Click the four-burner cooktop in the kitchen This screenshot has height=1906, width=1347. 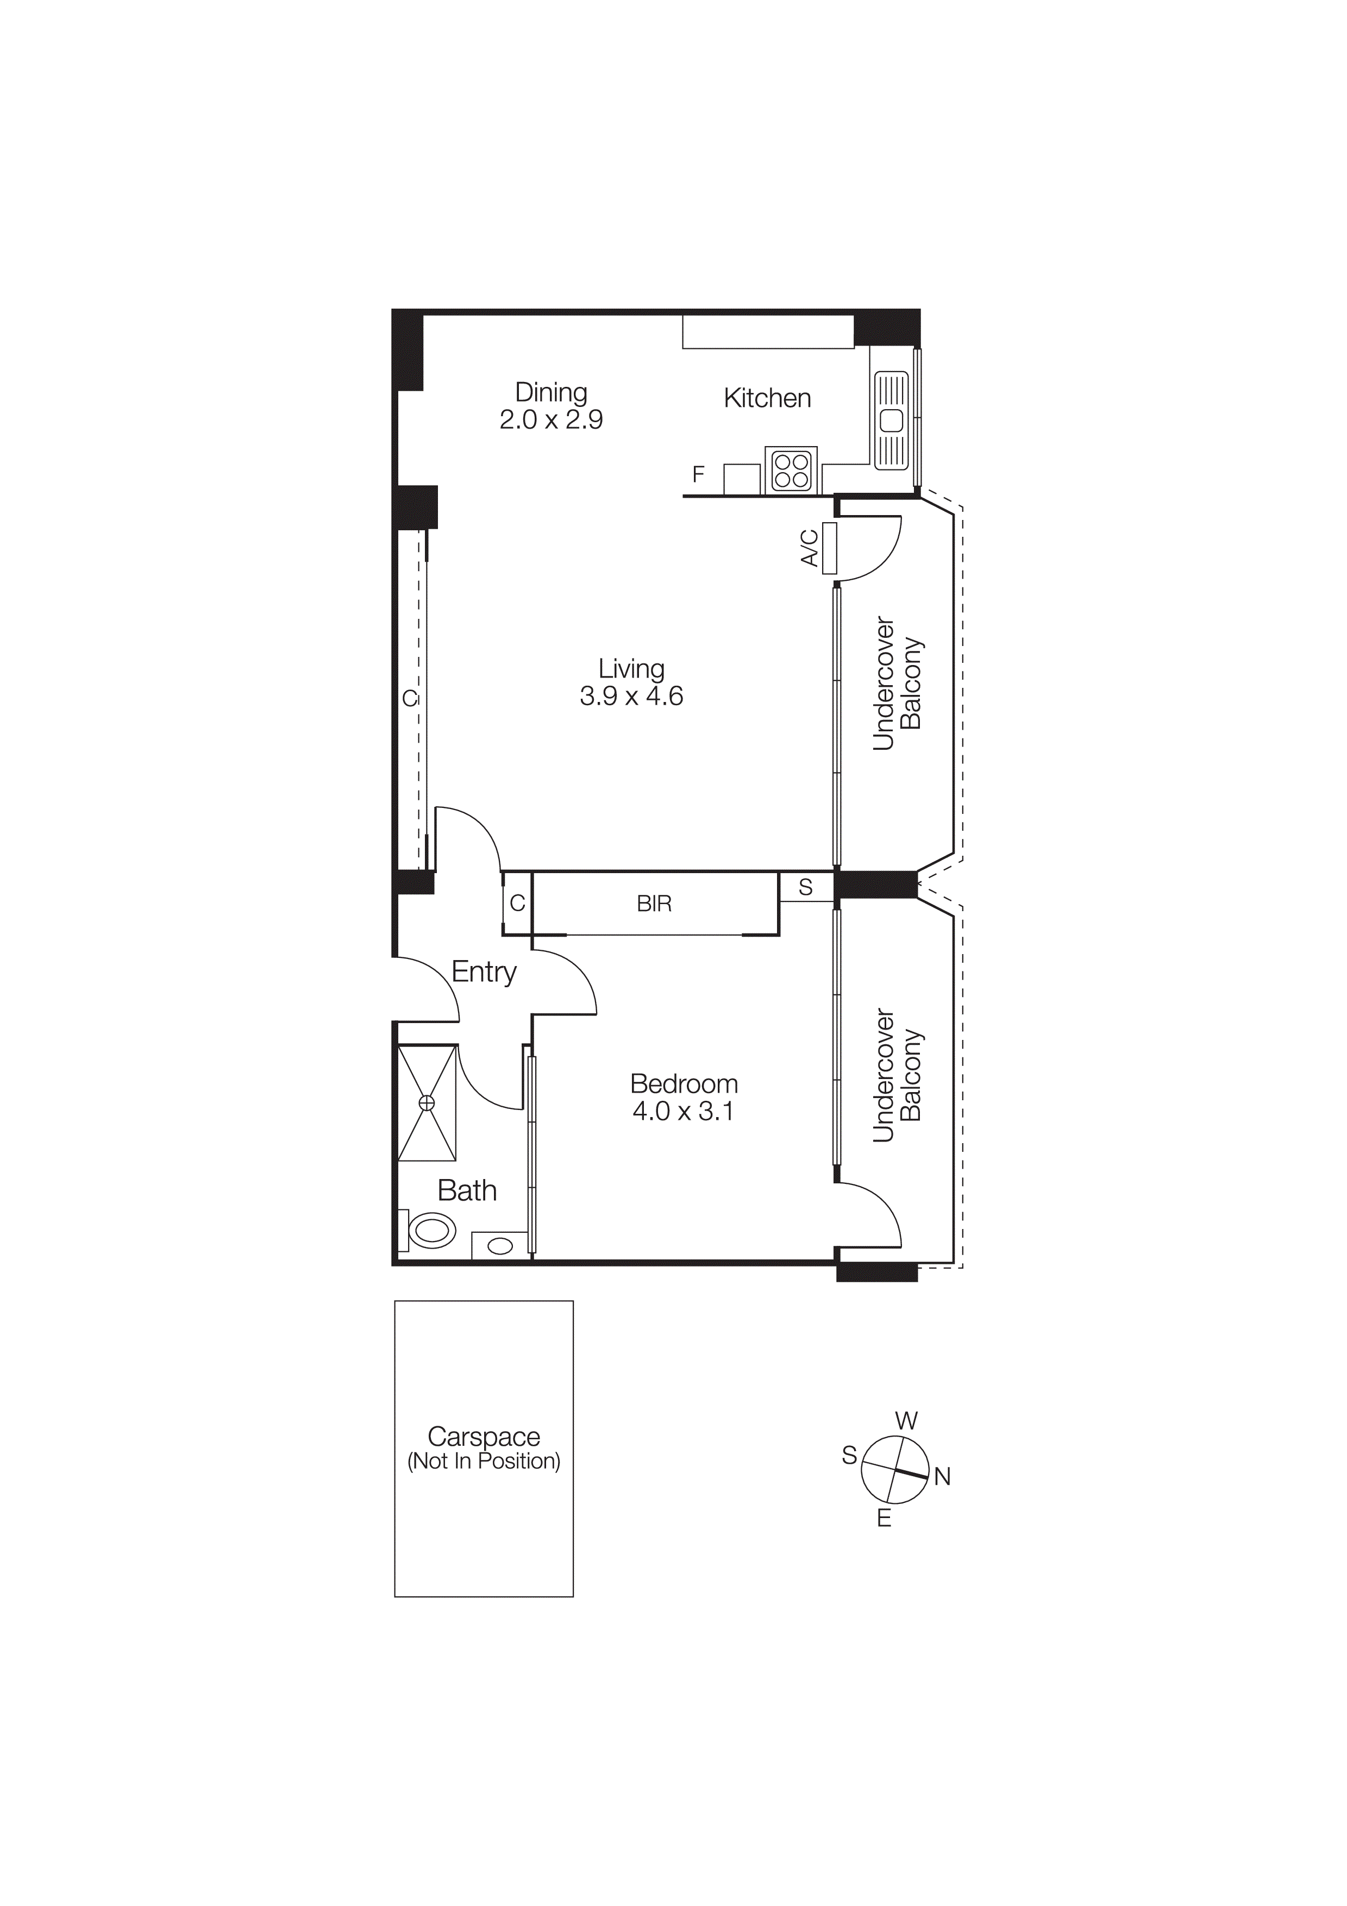(x=791, y=471)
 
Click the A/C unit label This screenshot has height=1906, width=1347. (x=809, y=548)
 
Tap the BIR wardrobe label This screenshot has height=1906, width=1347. (x=654, y=904)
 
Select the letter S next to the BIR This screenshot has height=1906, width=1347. (x=805, y=887)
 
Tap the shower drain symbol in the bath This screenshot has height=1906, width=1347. (x=427, y=1102)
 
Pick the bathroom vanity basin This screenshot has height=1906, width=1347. (x=500, y=1245)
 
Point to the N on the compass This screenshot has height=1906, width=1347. (x=942, y=1477)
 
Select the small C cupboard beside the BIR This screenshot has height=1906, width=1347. (x=517, y=903)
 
